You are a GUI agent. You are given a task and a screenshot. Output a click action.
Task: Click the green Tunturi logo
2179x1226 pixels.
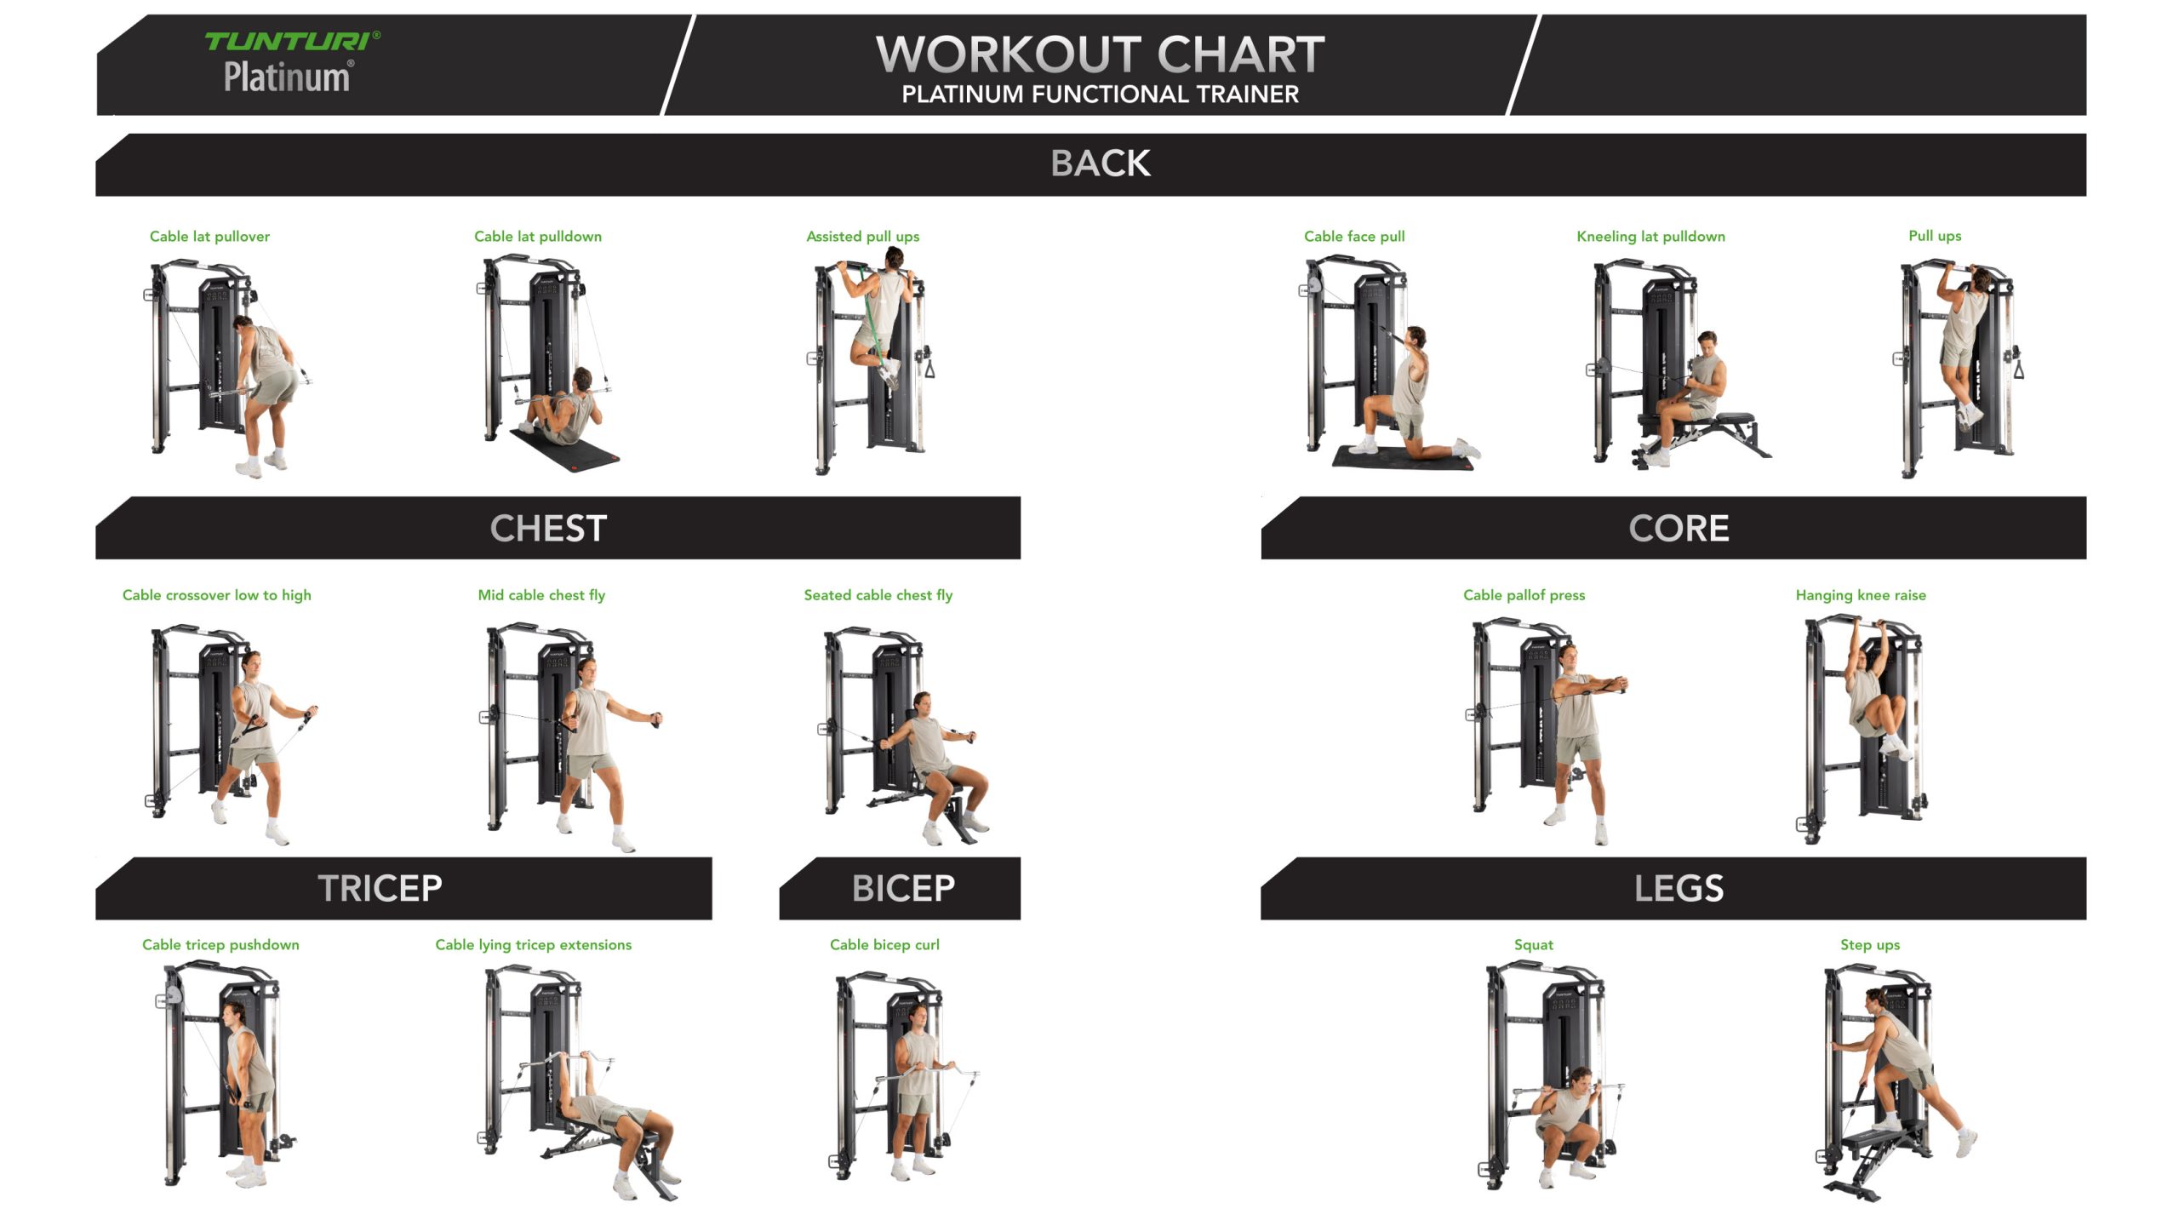(x=292, y=41)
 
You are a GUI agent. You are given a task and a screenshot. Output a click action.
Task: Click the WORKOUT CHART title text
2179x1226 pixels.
(x=1100, y=54)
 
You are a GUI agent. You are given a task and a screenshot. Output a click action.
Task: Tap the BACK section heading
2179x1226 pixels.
(x=1101, y=163)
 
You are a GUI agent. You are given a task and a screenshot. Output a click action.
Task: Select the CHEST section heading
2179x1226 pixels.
(x=548, y=529)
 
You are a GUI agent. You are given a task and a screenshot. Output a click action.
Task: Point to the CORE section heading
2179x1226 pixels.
(x=1679, y=529)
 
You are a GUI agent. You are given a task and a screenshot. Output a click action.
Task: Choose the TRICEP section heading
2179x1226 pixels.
(x=380, y=889)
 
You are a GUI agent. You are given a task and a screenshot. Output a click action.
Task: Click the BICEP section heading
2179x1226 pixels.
(x=903, y=889)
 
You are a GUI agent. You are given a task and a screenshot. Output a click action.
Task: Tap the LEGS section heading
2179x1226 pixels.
(x=1679, y=889)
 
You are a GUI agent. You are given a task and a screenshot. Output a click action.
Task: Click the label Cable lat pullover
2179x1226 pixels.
(x=209, y=237)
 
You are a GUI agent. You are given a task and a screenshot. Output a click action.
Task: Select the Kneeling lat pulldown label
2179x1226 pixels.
(x=1650, y=237)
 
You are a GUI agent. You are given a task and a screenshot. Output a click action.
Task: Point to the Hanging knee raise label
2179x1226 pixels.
(x=1861, y=595)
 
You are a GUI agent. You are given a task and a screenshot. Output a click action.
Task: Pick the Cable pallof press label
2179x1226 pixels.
(x=1524, y=595)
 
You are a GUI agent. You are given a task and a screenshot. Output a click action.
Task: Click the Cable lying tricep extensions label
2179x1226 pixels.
(x=534, y=945)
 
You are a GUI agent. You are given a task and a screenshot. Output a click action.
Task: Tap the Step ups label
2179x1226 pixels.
(x=1870, y=945)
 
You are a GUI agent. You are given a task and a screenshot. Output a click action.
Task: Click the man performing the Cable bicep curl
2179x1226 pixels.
(x=916, y=1094)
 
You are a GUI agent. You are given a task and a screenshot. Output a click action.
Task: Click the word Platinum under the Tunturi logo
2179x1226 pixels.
(x=287, y=77)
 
